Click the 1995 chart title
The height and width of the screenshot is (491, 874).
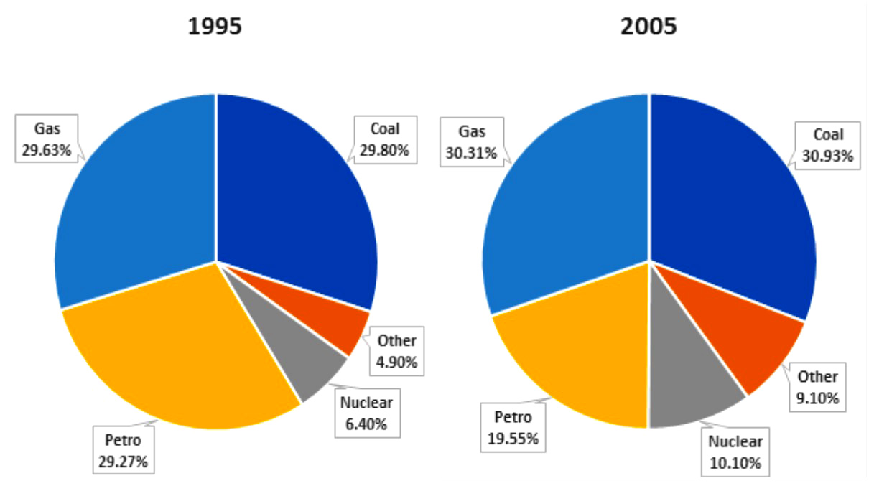click(x=215, y=27)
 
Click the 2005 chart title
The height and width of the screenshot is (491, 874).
click(x=649, y=27)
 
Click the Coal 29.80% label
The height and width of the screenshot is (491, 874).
click(x=385, y=139)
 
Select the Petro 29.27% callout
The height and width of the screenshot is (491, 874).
click(x=124, y=450)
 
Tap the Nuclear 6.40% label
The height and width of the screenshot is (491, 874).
click(x=367, y=413)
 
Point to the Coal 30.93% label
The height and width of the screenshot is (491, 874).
click(x=828, y=145)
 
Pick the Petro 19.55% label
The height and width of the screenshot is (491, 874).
click(x=513, y=427)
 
